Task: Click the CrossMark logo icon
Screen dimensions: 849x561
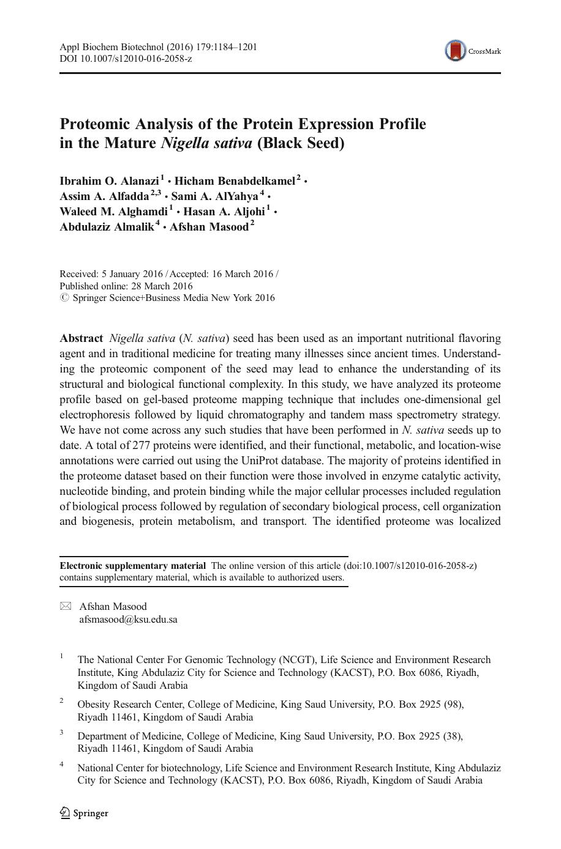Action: (x=455, y=51)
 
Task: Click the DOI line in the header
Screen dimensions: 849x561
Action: (x=126, y=59)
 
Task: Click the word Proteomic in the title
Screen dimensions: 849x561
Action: (x=95, y=124)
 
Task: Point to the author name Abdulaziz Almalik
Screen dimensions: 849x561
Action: (x=107, y=227)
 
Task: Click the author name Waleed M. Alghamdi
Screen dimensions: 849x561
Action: (x=113, y=212)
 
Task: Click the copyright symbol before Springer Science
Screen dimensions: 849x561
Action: (x=64, y=298)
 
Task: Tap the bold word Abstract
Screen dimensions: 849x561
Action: (x=81, y=339)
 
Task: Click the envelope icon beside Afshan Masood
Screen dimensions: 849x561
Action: (x=66, y=606)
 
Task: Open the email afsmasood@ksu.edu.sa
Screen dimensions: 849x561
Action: (x=128, y=619)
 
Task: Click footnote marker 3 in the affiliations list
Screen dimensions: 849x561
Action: (x=62, y=732)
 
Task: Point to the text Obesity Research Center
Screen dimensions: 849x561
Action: (x=130, y=705)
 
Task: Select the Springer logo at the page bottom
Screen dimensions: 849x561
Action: (x=84, y=813)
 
